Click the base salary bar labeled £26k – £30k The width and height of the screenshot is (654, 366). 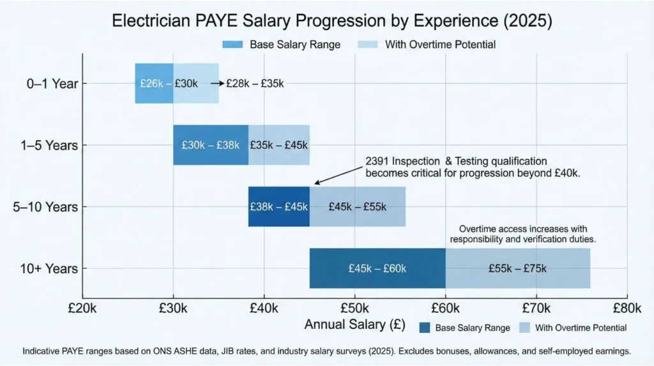154,83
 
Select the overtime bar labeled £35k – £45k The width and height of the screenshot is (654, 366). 278,144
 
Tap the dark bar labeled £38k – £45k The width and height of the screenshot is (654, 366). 278,206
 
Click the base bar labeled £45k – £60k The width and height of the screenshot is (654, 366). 377,268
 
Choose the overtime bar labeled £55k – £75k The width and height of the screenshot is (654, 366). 517,268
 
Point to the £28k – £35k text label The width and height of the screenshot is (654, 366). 255,84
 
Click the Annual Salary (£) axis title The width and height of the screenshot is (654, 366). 354,324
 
